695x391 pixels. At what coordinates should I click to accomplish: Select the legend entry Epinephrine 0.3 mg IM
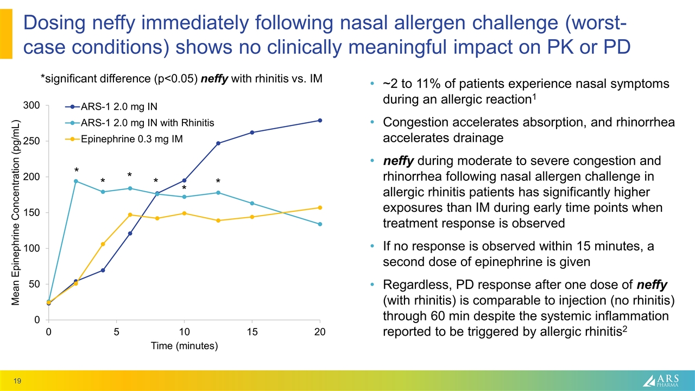(132, 139)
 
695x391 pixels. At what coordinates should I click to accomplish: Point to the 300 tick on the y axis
(33, 105)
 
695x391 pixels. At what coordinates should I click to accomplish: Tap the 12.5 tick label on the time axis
(218, 332)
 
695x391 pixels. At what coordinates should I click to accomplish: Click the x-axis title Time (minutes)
(184, 346)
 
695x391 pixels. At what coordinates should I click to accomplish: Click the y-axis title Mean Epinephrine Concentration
(16, 212)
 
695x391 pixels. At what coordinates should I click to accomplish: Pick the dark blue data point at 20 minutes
(320, 121)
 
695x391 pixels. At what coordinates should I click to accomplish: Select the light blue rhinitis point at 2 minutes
(76, 181)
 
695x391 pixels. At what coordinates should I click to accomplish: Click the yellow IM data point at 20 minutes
(320, 207)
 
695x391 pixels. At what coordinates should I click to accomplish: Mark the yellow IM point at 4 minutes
(103, 244)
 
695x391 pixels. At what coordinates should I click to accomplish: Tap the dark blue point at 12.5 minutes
(218, 143)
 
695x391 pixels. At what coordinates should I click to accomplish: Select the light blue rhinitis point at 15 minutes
(252, 203)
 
